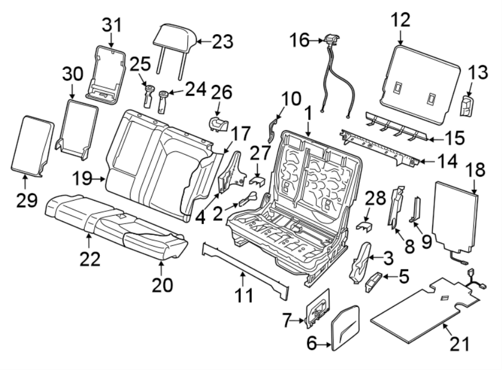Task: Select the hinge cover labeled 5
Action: coord(374,282)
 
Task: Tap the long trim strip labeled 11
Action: coord(245,263)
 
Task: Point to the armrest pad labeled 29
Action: coord(32,144)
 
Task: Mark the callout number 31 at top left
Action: coord(111,25)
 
